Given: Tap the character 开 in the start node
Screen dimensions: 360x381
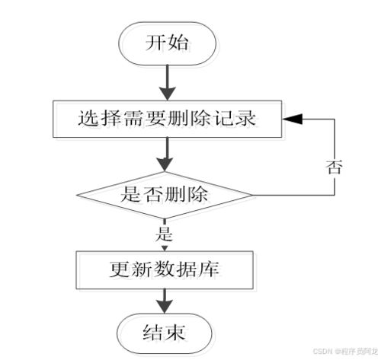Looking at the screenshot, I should [x=155, y=43].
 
